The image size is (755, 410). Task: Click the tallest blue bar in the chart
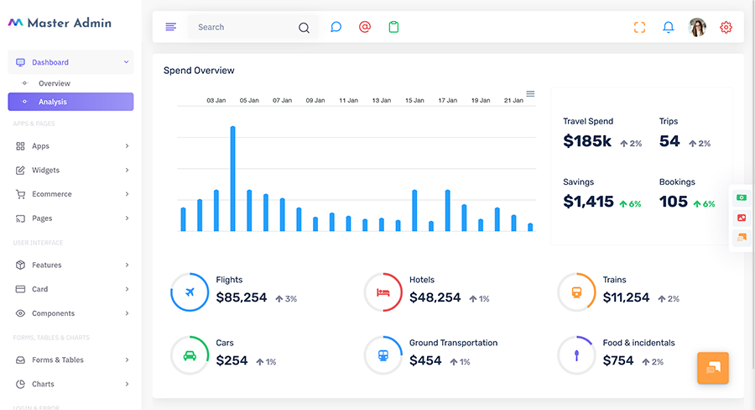point(232,178)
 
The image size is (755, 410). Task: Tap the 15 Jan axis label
point(414,100)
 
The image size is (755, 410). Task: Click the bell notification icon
point(669,27)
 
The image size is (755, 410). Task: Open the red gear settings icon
point(726,27)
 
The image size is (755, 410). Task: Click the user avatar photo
point(697,27)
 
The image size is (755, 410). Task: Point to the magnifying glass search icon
point(304,28)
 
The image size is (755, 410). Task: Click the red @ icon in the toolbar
point(365,27)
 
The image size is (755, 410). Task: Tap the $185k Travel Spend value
point(587,141)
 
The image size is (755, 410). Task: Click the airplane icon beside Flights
point(190,292)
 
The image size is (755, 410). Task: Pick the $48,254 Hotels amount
point(435,297)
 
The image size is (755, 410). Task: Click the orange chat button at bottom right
point(712,368)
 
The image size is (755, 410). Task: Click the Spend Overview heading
point(199,71)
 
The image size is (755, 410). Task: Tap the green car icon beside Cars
point(190,355)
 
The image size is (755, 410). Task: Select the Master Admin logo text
point(70,23)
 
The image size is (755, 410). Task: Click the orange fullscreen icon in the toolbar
point(639,27)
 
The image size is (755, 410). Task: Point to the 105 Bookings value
point(673,201)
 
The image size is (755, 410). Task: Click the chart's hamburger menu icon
point(530,93)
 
